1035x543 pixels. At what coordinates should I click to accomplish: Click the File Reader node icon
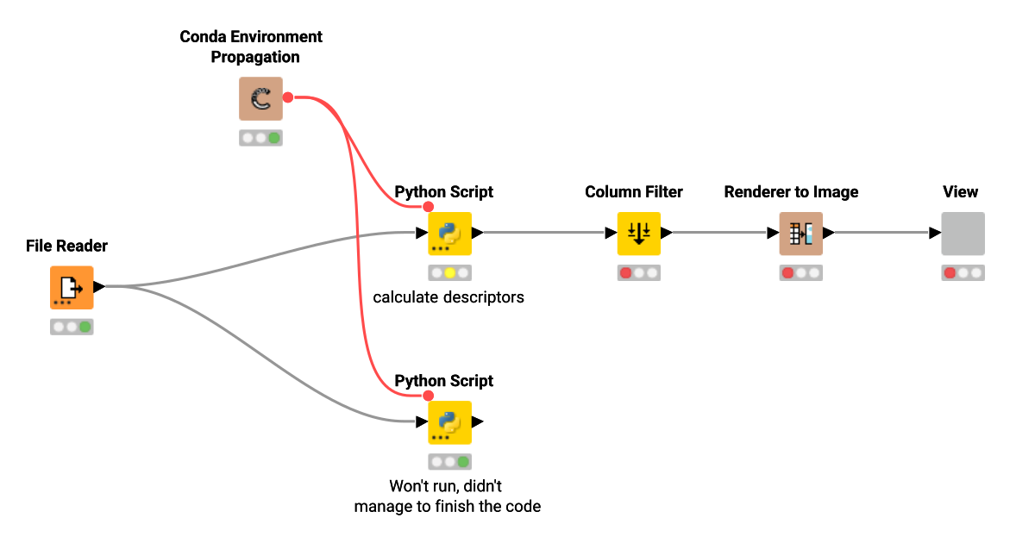click(71, 288)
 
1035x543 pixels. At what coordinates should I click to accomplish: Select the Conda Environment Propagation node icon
click(260, 99)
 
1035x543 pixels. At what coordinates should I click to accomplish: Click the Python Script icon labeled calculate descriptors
click(449, 233)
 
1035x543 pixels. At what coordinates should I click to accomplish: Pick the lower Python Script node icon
click(449, 422)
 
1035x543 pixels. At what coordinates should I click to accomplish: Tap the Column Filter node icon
click(638, 233)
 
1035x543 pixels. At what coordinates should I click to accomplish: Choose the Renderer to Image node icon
click(800, 233)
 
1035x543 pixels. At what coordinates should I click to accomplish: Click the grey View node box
click(963, 233)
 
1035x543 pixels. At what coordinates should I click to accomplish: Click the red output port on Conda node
click(288, 98)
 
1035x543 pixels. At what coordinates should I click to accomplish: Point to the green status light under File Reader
click(85, 328)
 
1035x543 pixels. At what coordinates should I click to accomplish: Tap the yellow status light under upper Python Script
click(449, 273)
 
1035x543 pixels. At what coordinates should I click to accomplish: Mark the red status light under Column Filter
click(625, 273)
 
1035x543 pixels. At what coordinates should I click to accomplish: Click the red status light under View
click(950, 273)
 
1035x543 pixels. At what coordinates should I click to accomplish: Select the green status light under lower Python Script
click(463, 462)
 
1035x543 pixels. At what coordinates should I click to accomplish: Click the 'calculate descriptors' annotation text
click(448, 297)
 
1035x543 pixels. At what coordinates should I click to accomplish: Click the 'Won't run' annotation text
click(448, 496)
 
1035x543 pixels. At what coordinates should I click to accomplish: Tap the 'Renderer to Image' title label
click(791, 192)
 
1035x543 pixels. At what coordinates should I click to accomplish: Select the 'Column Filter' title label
click(634, 192)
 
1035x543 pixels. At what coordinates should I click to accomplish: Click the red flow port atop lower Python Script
click(428, 396)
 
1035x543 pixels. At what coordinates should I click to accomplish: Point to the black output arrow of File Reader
click(98, 287)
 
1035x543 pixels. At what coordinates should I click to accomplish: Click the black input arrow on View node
click(935, 233)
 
